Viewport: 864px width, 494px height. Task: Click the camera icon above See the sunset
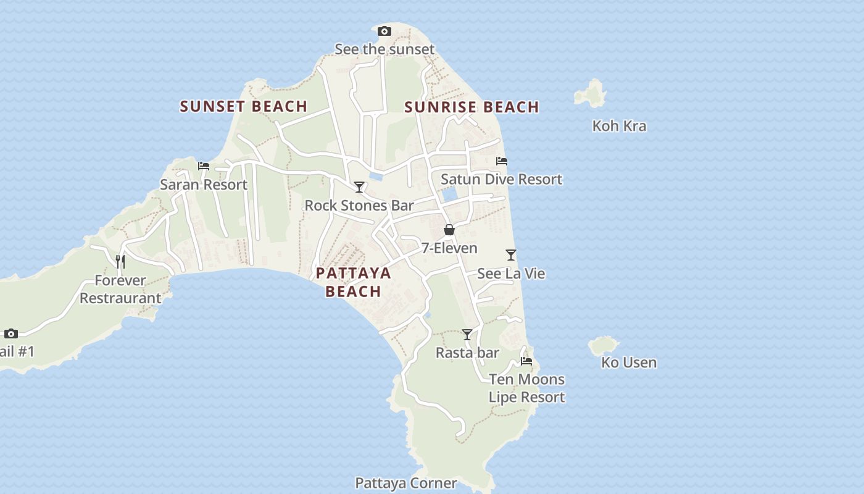[384, 31]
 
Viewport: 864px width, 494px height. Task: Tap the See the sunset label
[384, 49]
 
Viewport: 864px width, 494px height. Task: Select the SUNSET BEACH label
[244, 106]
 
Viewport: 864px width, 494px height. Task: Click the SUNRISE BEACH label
[472, 107]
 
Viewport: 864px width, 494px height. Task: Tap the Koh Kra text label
[619, 126]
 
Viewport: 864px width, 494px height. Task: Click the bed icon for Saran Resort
[204, 166]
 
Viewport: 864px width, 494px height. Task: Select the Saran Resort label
[204, 185]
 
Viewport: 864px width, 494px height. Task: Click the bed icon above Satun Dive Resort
[502, 161]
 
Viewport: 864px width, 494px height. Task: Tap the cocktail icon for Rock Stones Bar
[359, 186]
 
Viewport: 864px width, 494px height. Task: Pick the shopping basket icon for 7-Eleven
[449, 230]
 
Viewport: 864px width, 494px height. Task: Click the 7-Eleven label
[449, 248]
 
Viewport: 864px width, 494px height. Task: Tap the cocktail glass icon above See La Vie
[511, 255]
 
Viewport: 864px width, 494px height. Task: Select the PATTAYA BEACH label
[354, 282]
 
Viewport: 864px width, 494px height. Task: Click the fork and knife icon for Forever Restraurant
[120, 262]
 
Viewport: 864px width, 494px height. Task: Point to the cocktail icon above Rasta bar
[467, 335]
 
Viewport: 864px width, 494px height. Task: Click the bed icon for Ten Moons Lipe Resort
[526, 361]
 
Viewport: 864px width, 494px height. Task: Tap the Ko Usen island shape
[604, 345]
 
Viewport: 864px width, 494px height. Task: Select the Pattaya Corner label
[406, 483]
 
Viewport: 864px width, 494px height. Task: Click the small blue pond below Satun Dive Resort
[450, 195]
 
